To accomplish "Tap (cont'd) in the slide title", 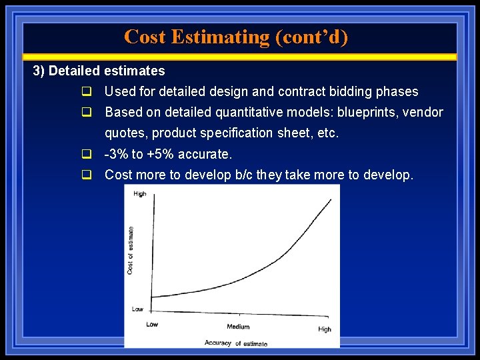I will click(x=311, y=37).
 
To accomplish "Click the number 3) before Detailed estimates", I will click(x=39, y=71).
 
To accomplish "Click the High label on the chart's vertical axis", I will click(x=139, y=194).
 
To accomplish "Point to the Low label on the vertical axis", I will click(x=137, y=309).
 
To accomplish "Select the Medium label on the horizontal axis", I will click(x=237, y=327).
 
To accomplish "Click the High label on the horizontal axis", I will click(x=324, y=329).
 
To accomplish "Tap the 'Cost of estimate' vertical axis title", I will click(x=130, y=250).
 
